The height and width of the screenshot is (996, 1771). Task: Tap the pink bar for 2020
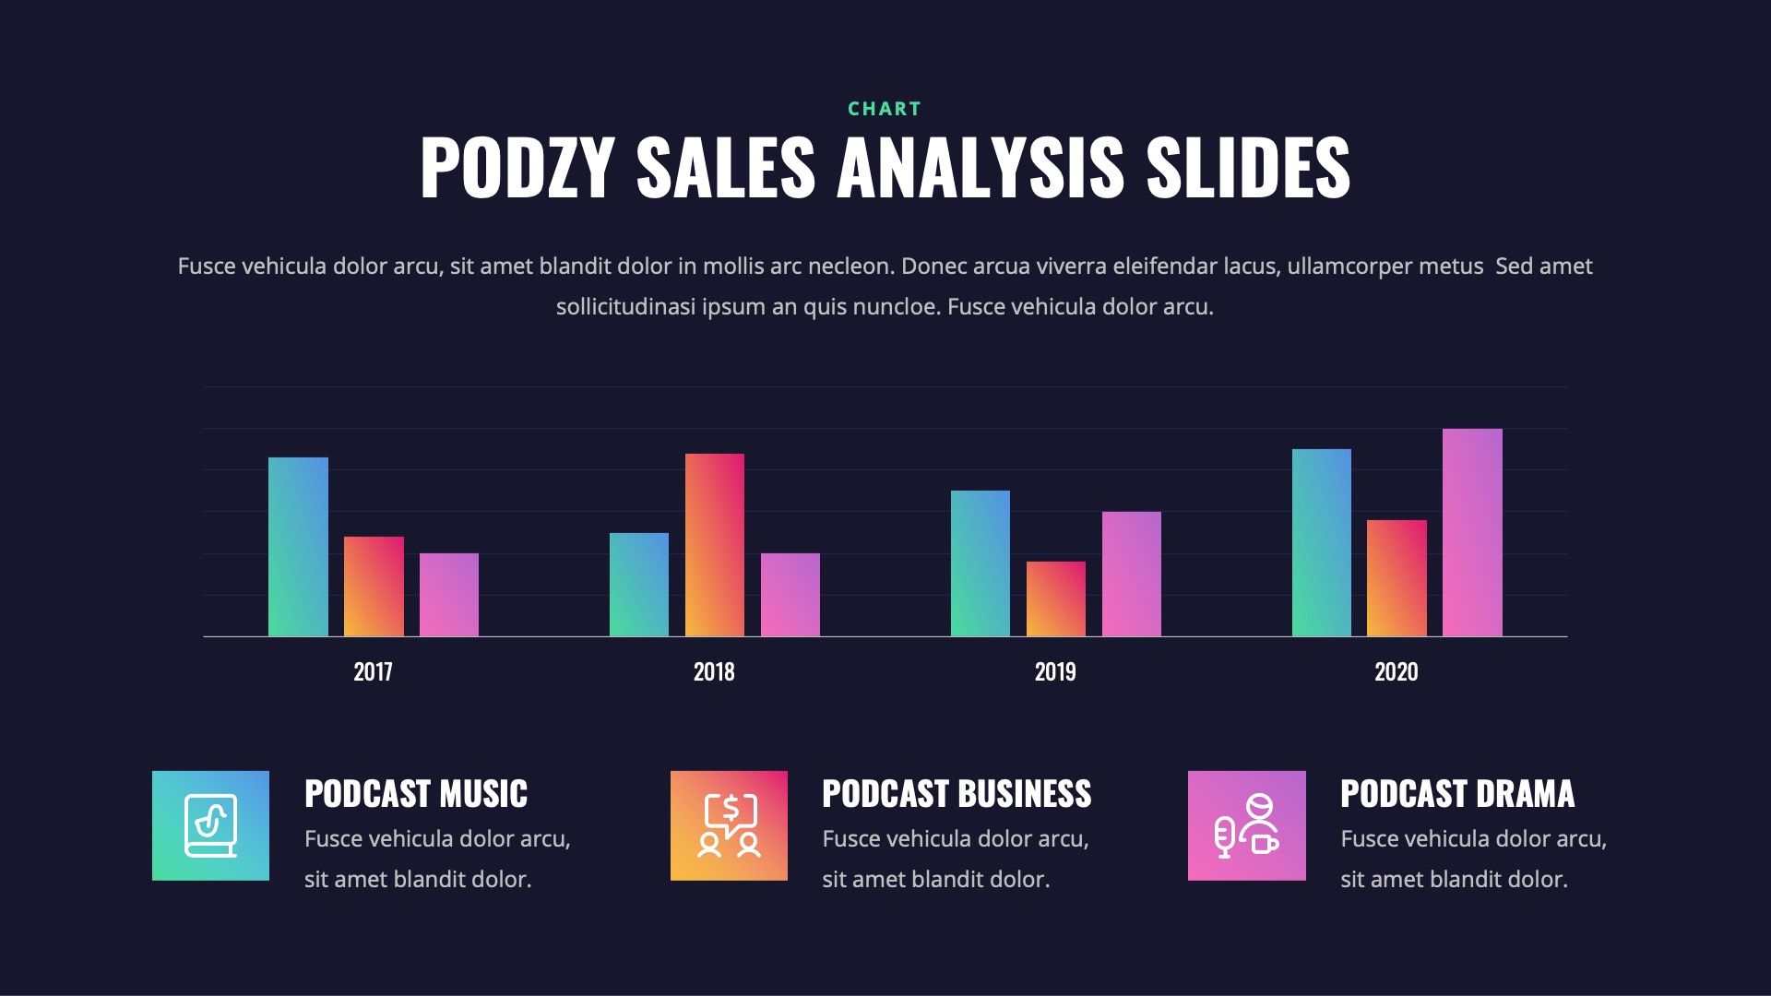[x=1472, y=532]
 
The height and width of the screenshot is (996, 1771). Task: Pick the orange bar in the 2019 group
[x=1055, y=599]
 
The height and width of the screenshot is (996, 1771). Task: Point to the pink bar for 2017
[x=448, y=595]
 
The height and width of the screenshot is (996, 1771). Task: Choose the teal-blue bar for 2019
[x=980, y=563]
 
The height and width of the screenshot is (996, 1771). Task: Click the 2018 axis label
[x=714, y=671]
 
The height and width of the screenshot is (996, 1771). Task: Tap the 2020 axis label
[x=1396, y=671]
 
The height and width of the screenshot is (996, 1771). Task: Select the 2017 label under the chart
[x=373, y=671]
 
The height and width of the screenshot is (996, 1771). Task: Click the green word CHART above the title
[x=885, y=109]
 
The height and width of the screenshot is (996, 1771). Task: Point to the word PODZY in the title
[x=517, y=168]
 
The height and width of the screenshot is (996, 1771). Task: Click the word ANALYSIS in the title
[x=981, y=168]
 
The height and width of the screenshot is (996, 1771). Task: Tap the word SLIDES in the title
[x=1248, y=168]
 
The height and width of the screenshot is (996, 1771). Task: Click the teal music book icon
[x=210, y=825]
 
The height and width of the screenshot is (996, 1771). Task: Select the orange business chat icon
[x=729, y=825]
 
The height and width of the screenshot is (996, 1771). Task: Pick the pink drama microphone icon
[x=1246, y=825]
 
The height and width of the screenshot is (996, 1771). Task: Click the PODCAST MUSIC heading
[x=416, y=794]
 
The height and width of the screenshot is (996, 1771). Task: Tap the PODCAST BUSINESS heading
[x=957, y=794]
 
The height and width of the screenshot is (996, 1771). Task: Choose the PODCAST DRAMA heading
[x=1457, y=794]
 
